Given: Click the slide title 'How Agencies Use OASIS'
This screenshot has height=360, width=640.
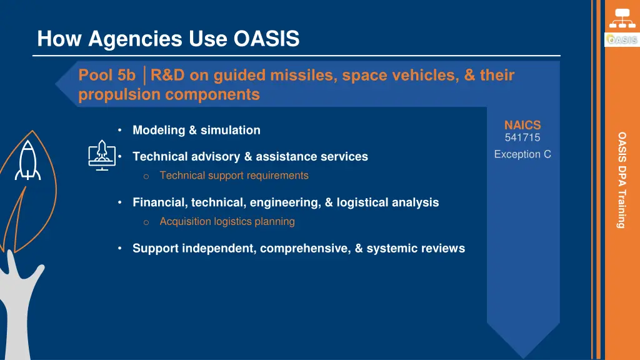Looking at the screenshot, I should point(168,39).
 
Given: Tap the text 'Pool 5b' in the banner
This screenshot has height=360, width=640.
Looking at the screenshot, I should point(107,76).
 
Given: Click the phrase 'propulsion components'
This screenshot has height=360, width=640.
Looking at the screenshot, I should point(169,94).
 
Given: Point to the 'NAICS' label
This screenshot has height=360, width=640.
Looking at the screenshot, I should point(522,125).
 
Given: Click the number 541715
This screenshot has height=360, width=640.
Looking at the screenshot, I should point(522,137).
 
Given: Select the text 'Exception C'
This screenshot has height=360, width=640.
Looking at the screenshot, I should point(522,154).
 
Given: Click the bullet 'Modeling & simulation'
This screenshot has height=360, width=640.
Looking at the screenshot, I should point(196,130).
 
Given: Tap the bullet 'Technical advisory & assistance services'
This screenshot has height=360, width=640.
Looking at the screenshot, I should point(250,156).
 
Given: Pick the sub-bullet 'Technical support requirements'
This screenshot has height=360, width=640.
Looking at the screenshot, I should point(234,176).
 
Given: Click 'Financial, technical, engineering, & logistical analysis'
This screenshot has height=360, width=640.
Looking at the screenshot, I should point(286,202).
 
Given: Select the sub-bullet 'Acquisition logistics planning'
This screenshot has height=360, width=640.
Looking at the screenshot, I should point(227,221).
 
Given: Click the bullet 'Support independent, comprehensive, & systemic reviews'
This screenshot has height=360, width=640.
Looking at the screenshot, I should point(299,248).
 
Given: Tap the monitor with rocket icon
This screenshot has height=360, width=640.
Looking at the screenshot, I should point(101,156).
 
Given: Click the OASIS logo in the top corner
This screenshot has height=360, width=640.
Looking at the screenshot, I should point(621,40).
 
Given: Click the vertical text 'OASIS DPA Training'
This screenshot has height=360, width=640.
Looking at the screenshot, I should point(622,179).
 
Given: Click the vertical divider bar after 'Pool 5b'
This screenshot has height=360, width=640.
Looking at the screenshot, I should point(144,76).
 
